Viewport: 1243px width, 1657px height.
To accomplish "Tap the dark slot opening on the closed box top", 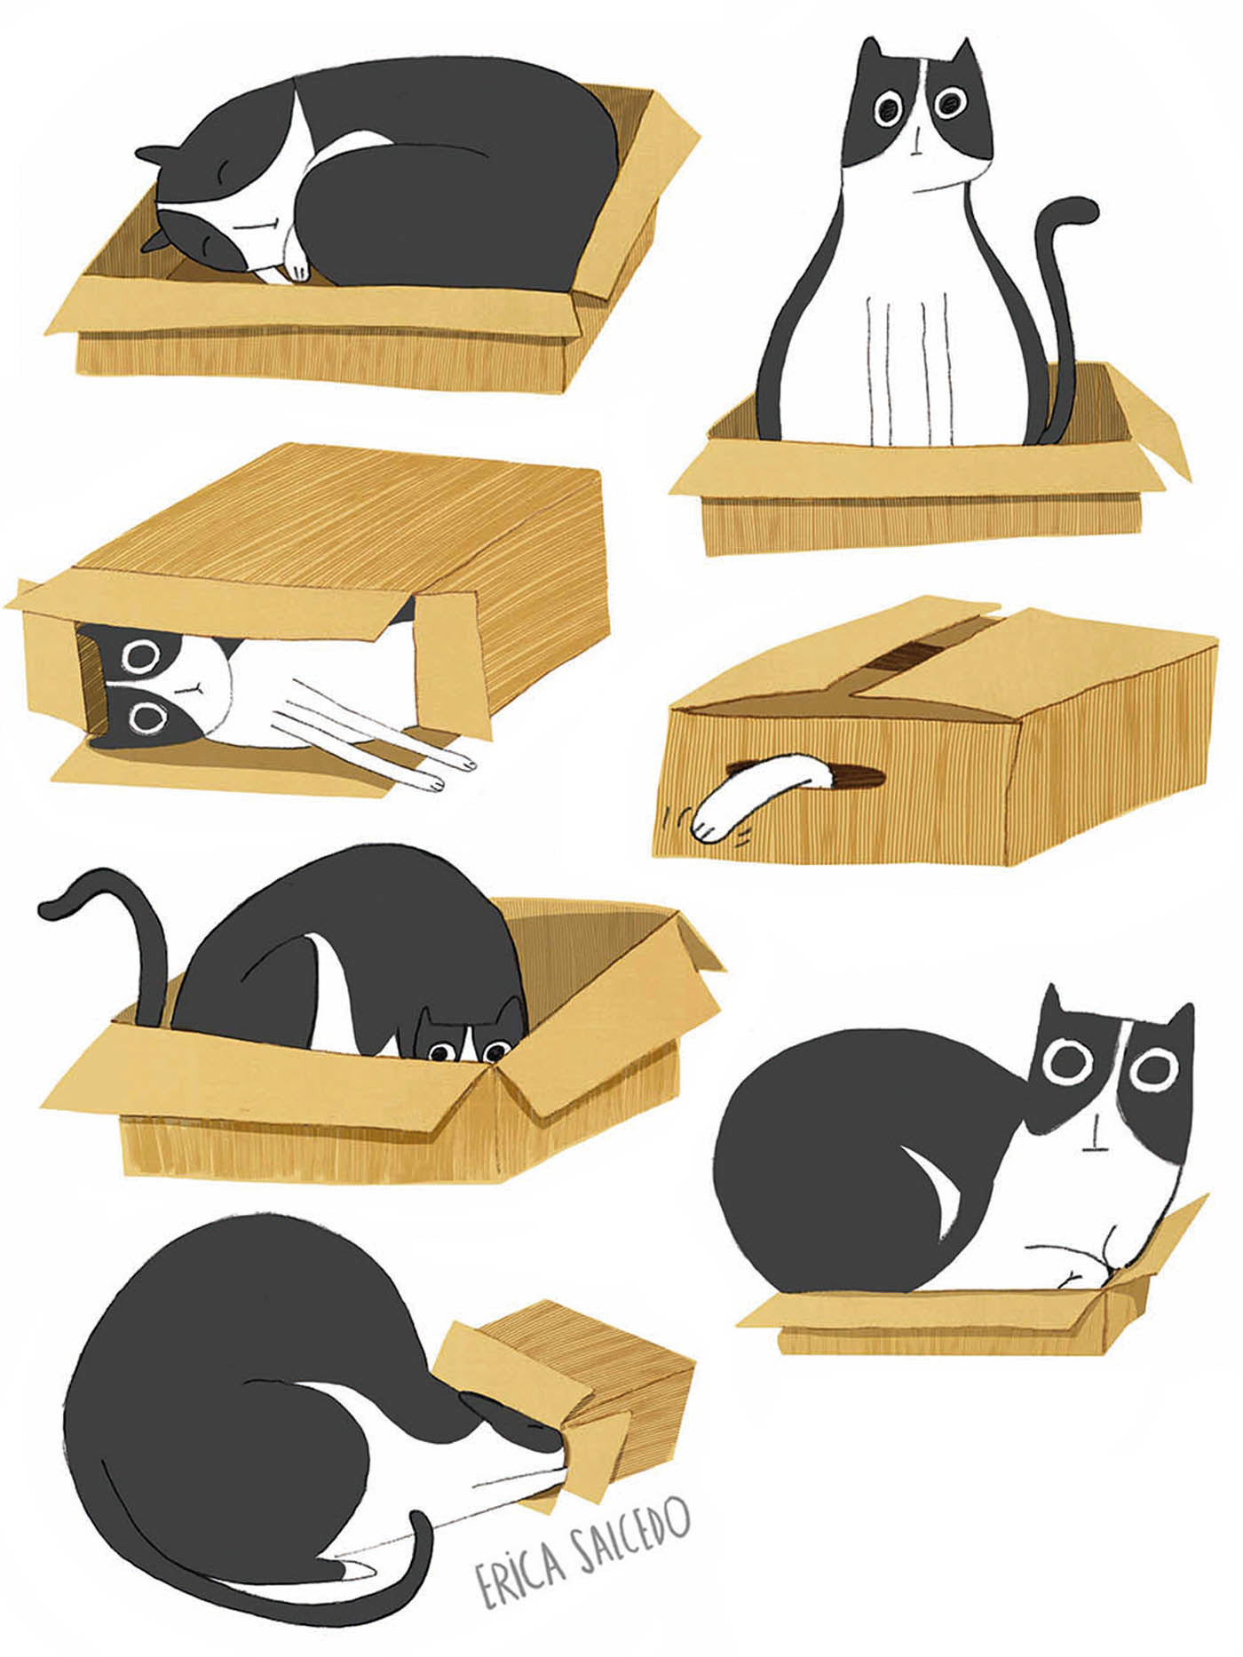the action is click(x=909, y=658).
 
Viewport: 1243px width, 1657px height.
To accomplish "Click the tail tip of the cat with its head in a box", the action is click(x=351, y=1571).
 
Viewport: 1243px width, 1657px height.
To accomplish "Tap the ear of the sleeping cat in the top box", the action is click(x=152, y=156).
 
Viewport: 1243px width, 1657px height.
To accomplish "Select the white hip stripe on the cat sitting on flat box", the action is click(x=933, y=1195).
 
